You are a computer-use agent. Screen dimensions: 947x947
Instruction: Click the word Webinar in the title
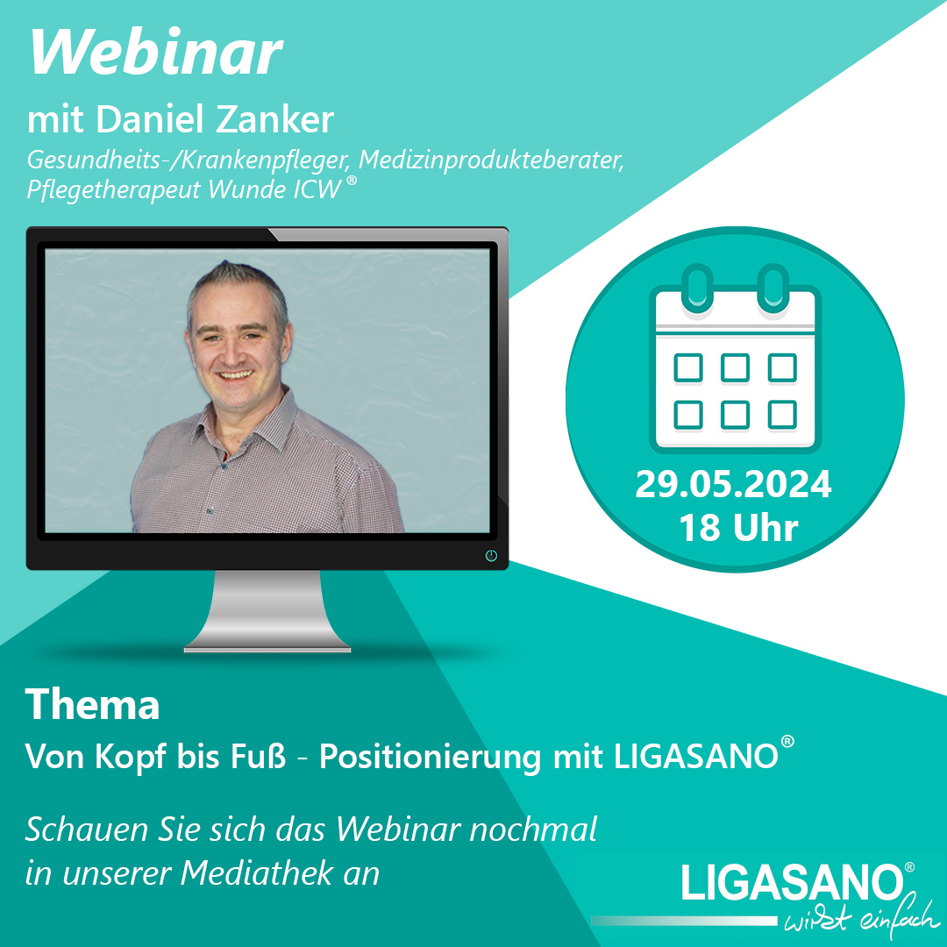tap(156, 52)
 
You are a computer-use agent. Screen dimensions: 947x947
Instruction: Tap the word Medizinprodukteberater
tap(491, 160)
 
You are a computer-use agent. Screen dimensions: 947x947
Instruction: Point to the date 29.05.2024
tap(733, 484)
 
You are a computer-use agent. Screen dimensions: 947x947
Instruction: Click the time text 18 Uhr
tap(738, 527)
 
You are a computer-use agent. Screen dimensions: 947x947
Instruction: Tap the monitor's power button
tap(491, 556)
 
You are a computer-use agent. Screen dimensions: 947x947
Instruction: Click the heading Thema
tap(92, 704)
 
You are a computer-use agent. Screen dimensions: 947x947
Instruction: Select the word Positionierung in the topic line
tap(430, 757)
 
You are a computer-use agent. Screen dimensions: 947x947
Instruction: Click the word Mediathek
tap(258, 872)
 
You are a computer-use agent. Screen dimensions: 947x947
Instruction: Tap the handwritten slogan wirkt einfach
tap(862, 919)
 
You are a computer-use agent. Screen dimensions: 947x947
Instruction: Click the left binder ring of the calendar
tap(698, 287)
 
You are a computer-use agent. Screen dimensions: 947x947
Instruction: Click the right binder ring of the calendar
tap(773, 287)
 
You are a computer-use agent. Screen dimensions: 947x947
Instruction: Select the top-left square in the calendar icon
tap(688, 367)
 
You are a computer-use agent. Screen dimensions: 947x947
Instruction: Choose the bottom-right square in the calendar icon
tap(782, 414)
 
